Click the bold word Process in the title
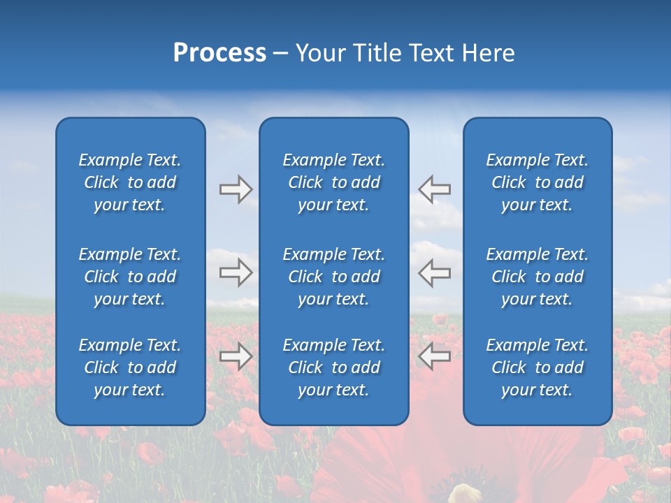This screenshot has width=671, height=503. coord(219,53)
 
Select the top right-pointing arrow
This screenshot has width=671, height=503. coord(236,189)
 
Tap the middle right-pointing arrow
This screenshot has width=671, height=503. coord(236,272)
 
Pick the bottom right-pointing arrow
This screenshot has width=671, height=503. coord(236,356)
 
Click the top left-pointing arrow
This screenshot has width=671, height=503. coord(434,189)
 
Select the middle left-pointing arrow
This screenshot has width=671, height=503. coord(434,272)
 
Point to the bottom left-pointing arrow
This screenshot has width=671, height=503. coord(434,356)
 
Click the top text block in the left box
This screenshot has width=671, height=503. coord(130,182)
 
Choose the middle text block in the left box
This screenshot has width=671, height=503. coord(130,277)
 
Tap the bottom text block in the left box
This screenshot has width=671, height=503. coord(130,367)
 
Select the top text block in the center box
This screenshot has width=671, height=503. coord(334,182)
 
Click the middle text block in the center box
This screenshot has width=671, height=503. coord(334,277)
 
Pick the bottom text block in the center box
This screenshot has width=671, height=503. coord(334,367)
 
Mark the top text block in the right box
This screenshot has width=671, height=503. coord(537,182)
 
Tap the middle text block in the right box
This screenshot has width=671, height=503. coord(537,277)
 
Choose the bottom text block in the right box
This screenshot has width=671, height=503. coord(537,367)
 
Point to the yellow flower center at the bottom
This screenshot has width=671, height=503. coord(464,494)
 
